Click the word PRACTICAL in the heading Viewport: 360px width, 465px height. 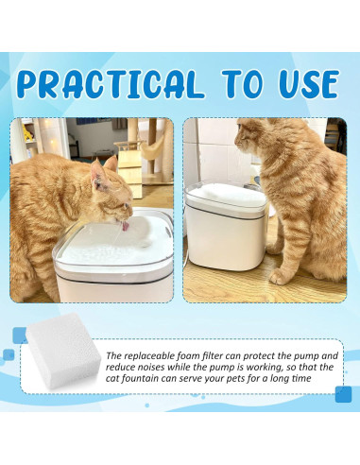[111, 84]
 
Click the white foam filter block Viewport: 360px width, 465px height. [63, 351]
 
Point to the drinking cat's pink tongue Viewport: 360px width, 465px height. [126, 226]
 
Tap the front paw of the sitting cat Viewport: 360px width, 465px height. [279, 277]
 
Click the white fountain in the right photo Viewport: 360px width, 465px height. [226, 227]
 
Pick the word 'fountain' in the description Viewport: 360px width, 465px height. [140, 378]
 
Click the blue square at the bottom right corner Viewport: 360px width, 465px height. [343, 394]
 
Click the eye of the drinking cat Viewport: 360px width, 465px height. [127, 205]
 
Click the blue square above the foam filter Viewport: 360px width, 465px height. [20, 334]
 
